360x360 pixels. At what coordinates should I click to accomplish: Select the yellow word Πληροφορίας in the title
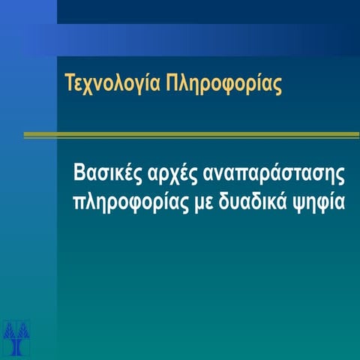228,82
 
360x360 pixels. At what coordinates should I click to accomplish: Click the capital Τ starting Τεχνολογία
70,82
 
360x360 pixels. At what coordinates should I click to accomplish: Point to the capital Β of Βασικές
79,173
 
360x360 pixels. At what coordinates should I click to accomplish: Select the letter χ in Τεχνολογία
91,85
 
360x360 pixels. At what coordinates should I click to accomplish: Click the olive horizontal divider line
191,135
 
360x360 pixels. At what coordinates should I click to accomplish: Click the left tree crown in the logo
9,330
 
